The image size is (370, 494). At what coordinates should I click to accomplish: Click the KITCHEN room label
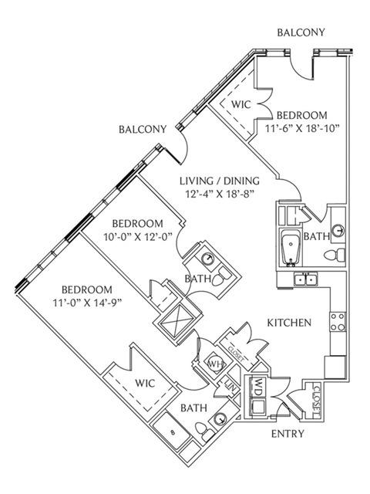(x=289, y=323)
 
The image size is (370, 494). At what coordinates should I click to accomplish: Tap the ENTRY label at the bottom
(x=288, y=434)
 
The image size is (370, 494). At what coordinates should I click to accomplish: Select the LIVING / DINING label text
(x=220, y=181)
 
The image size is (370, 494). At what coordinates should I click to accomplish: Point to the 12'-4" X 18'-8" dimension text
(x=220, y=194)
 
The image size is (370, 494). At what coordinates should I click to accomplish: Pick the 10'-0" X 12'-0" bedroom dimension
(x=138, y=236)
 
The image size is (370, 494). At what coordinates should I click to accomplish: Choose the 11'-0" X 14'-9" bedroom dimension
(x=87, y=303)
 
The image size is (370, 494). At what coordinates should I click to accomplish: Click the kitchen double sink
(x=305, y=279)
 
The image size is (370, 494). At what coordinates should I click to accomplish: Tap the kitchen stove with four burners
(x=338, y=321)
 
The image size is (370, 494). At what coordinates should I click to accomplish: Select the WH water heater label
(x=216, y=364)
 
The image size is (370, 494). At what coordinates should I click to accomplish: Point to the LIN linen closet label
(x=229, y=386)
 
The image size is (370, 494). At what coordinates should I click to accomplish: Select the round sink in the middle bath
(x=208, y=259)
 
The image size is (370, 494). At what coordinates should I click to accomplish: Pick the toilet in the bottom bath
(x=202, y=431)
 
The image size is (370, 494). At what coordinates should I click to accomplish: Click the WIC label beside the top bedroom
(x=241, y=104)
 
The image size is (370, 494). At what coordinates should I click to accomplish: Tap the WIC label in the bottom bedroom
(x=145, y=383)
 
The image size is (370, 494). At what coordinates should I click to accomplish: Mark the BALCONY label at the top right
(x=301, y=32)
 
